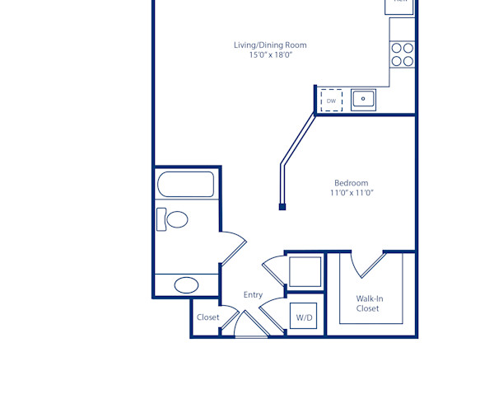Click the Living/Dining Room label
(271, 45)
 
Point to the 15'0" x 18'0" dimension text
(271, 55)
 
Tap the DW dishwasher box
(331, 101)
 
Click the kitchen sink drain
(363, 100)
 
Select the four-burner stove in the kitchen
(403, 54)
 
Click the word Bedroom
(351, 183)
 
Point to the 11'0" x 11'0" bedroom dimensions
(351, 193)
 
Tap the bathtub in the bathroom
(186, 184)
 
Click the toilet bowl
(176, 219)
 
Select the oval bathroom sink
(186, 285)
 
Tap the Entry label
(253, 295)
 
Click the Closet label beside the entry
(207, 317)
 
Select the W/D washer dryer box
(304, 317)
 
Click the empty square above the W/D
(305, 271)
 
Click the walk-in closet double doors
(368, 264)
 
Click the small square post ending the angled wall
(282, 206)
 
